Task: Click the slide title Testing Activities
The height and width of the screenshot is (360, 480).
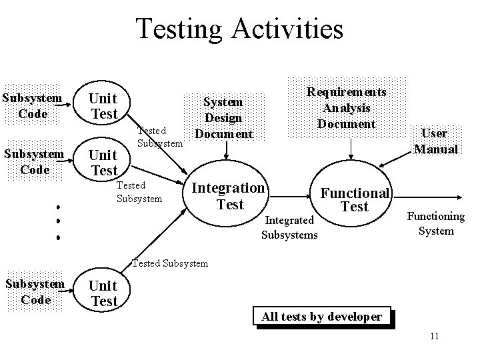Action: pos(239,29)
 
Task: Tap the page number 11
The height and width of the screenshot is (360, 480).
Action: pos(434,335)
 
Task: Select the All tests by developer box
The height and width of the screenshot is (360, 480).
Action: pos(321,316)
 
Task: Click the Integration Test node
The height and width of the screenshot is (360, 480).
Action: pos(229,196)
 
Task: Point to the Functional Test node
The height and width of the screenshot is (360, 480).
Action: pos(354,199)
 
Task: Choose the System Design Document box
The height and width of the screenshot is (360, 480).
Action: pos(223,118)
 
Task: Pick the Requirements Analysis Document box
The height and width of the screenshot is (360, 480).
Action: pos(346,107)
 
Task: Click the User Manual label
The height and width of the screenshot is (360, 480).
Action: pos(436,141)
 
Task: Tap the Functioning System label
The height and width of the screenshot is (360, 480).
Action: pos(436,223)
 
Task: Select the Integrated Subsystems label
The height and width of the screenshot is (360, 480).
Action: pos(289,227)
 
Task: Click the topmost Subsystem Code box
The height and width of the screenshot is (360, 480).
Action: pos(33,106)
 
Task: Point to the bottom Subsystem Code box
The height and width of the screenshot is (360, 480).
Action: pos(35,292)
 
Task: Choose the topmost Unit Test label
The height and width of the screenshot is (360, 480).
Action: pos(104,105)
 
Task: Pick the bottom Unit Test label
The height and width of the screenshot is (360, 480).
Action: pos(103,293)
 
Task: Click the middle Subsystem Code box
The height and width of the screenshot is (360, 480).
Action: pos(35,162)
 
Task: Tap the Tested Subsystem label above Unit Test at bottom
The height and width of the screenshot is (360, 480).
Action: pos(170,263)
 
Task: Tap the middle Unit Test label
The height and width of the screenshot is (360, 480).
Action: pos(104,163)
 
